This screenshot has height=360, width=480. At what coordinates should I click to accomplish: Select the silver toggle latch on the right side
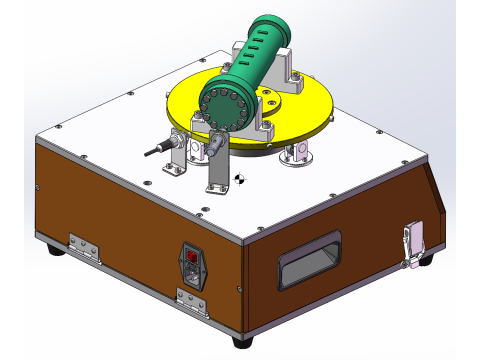pos(413,243)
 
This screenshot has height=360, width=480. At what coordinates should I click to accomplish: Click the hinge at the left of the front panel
pos(83,247)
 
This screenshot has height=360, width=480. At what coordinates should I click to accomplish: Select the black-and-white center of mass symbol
pos(239,180)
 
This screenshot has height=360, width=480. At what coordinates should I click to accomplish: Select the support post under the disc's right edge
pos(299,154)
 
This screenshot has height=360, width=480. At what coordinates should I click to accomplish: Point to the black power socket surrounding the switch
pos(195,266)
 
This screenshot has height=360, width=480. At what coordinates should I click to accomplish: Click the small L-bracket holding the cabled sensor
pos(178,157)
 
